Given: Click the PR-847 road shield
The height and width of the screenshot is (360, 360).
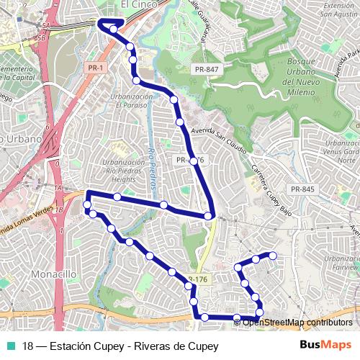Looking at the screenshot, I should click(x=206, y=68).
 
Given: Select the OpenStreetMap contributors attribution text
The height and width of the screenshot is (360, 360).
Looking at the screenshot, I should click(x=297, y=322).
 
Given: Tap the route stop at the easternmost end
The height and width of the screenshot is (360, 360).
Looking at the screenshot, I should click(x=273, y=256).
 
